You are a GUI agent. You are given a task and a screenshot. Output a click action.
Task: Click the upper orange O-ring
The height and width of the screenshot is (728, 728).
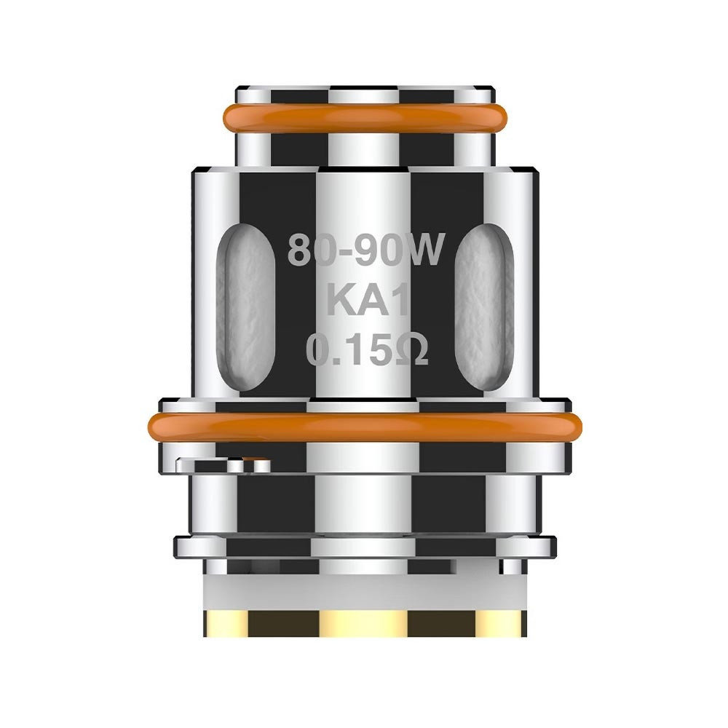364,116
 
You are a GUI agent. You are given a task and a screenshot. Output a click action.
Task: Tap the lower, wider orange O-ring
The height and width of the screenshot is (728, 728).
364,426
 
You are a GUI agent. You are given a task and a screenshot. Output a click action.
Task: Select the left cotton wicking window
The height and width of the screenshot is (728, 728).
248,306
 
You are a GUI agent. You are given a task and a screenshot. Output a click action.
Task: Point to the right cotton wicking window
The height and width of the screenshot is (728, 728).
480,306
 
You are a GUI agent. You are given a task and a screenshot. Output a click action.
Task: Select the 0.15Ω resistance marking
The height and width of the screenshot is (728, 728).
364,351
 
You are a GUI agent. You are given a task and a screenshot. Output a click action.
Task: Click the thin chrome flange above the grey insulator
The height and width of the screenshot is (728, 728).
364,544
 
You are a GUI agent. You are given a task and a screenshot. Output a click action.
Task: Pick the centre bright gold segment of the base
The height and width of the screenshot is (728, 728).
364,622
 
